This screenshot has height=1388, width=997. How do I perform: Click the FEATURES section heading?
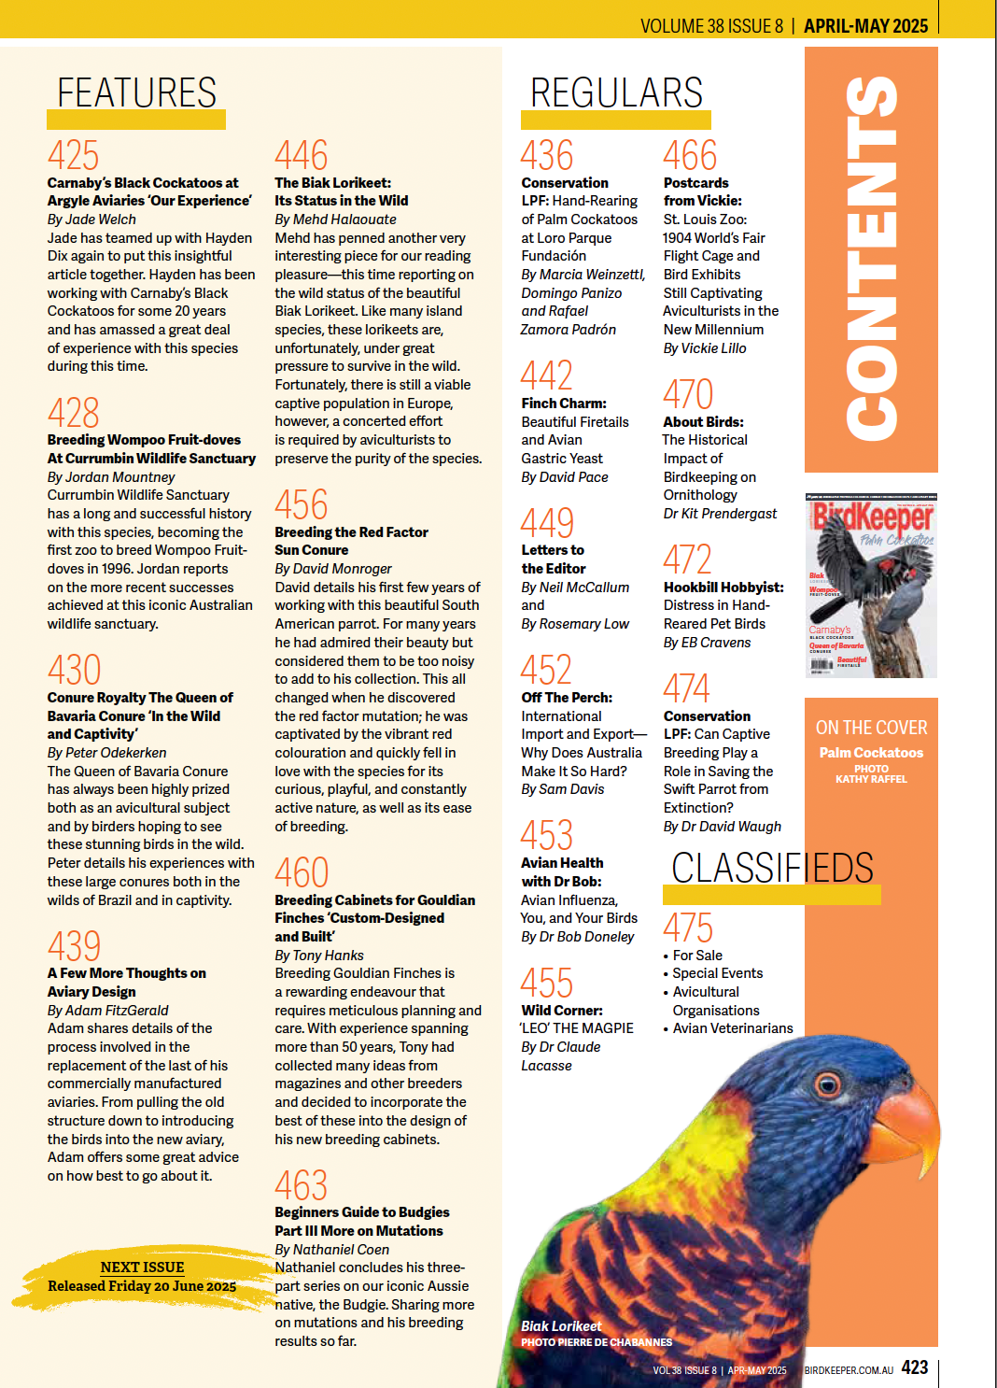click(136, 93)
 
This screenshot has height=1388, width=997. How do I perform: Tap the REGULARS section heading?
click(616, 93)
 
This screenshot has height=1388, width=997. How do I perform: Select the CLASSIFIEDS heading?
click(772, 868)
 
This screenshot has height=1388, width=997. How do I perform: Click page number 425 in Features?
click(73, 155)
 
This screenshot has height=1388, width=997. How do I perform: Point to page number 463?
click(301, 1185)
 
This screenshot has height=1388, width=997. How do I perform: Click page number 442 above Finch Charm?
click(546, 375)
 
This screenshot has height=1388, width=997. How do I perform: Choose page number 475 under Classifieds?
click(688, 928)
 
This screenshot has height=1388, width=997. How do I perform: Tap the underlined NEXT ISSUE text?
click(142, 1268)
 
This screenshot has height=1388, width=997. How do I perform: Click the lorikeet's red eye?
click(827, 1084)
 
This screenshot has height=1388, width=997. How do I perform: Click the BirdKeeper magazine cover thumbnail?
click(871, 586)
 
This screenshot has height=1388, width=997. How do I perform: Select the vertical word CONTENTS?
click(871, 257)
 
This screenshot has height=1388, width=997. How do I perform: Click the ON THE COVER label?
click(871, 728)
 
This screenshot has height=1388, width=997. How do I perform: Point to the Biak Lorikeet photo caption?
click(561, 1326)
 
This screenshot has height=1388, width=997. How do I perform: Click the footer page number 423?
click(914, 1367)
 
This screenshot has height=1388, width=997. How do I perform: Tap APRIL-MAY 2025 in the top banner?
click(865, 26)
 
